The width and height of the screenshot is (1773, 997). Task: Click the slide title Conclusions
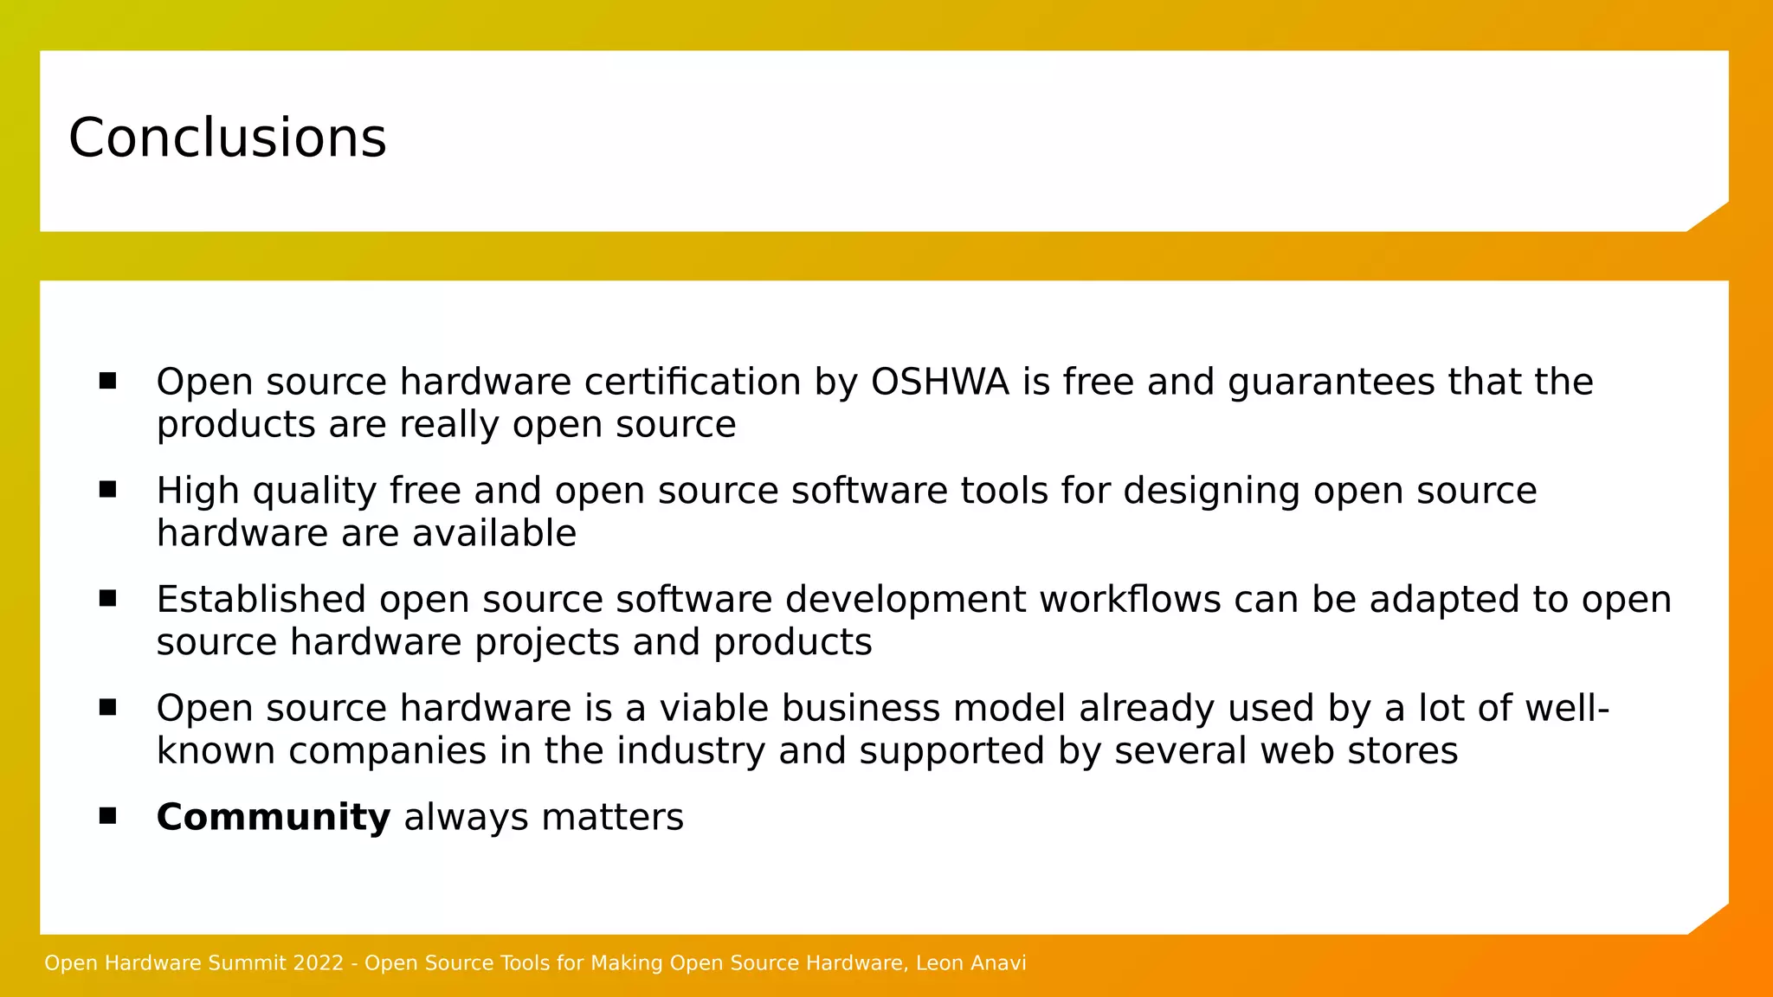tap(227, 138)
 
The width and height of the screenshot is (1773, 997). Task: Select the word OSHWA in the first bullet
tap(940, 382)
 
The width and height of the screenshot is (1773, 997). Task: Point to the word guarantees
tap(1331, 382)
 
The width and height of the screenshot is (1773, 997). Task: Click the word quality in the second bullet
tap(314, 491)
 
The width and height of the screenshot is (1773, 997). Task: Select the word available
tap(494, 533)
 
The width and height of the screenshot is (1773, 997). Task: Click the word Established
tap(261, 599)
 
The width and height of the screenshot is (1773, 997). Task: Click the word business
tap(861, 708)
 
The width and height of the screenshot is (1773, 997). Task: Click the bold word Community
tap(274, 817)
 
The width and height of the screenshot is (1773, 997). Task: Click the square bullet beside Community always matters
tap(107, 815)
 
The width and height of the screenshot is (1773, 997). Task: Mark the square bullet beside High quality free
tap(107, 489)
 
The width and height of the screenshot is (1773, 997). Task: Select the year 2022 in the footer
tap(319, 963)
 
